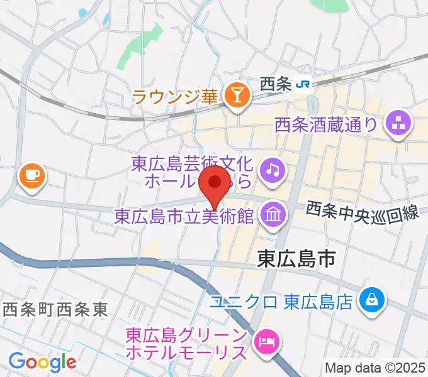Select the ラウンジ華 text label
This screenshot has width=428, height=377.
coord(174,97)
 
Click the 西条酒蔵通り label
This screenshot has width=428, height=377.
coord(326,125)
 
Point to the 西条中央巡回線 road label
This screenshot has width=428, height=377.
coord(363,213)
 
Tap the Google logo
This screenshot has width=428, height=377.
coord(42,362)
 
